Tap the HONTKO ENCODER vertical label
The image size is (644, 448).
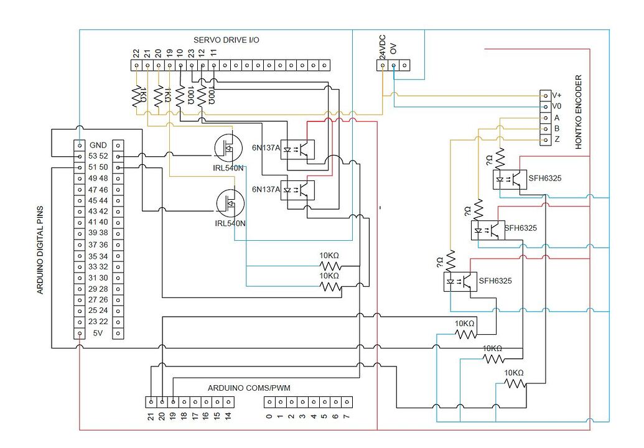[579, 112]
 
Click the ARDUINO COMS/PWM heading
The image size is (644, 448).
[249, 388]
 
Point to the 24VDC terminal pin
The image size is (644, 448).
[382, 65]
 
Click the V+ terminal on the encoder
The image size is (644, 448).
[546, 95]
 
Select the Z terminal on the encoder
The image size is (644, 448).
[546, 140]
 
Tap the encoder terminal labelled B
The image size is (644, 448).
[546, 129]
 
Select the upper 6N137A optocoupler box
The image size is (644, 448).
[297, 150]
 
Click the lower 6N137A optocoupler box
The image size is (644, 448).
[297, 189]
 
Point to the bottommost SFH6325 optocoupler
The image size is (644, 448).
[460, 282]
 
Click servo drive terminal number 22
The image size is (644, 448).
[136, 65]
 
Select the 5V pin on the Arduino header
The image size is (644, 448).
[80, 334]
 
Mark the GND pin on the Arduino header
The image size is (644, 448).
[80, 144]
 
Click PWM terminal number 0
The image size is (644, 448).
[269, 401]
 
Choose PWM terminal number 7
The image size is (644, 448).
[347, 401]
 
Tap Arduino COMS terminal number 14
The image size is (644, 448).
[228, 401]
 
